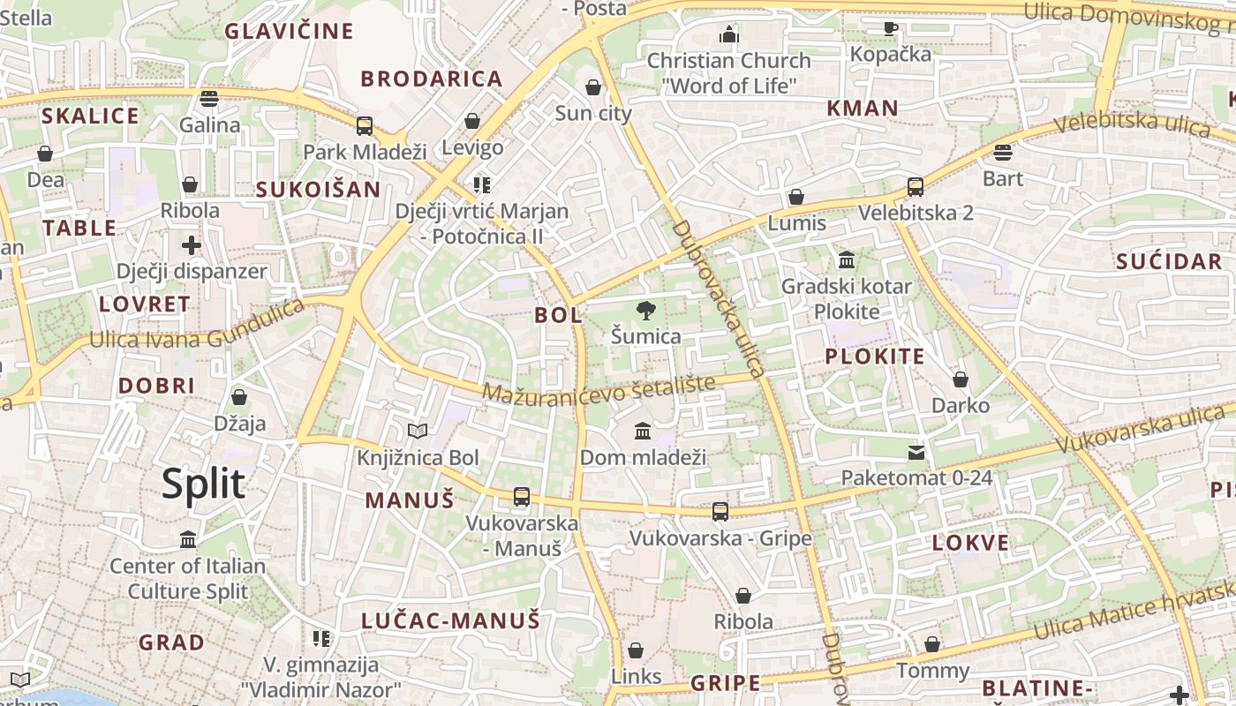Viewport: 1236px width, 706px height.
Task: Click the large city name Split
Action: click(203, 484)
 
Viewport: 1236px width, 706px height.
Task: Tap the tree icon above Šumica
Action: click(646, 310)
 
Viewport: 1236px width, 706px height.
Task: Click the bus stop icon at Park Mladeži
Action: click(365, 125)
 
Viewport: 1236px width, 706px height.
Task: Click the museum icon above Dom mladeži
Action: click(643, 432)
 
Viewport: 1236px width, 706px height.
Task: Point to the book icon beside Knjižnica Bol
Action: click(418, 431)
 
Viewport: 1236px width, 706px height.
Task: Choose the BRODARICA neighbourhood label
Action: click(432, 79)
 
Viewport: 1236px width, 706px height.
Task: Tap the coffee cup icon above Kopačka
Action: click(891, 28)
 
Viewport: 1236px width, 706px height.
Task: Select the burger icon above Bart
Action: click(1002, 153)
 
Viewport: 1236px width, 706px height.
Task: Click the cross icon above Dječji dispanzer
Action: click(192, 244)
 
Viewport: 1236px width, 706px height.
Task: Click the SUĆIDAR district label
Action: click(1168, 261)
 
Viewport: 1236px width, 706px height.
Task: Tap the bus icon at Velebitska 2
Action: click(916, 187)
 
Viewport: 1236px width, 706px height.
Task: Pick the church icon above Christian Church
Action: click(729, 34)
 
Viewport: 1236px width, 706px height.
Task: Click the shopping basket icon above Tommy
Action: click(932, 644)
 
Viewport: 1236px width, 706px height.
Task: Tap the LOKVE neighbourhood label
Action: click(970, 543)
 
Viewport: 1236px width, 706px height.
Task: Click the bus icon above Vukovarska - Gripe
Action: click(720, 511)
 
